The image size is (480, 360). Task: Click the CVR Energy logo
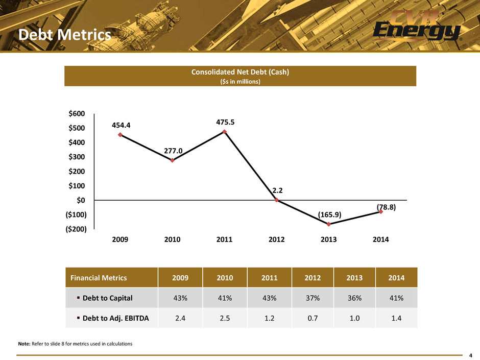tap(417, 26)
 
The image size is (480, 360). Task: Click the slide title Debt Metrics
tap(64, 35)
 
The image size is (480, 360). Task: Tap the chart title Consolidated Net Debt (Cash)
tap(241, 72)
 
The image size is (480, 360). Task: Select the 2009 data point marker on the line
tap(120, 135)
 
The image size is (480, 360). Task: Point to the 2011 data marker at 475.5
tap(224, 132)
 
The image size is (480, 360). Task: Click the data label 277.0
tap(173, 151)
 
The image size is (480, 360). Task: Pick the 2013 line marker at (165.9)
tap(329, 224)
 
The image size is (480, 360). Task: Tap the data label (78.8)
tap(387, 207)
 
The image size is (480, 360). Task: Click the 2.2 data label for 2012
tap(278, 190)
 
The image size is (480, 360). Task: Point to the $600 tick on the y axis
tap(77, 113)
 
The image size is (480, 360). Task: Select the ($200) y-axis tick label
tap(76, 229)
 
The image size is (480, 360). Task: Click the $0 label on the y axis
tap(81, 200)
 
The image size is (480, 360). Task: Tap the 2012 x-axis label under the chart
tap(276, 239)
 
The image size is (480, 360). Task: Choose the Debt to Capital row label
tap(107, 298)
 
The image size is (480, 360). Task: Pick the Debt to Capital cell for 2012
tap(313, 298)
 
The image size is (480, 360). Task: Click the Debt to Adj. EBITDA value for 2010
tap(225, 318)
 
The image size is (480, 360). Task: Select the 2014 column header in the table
tap(396, 278)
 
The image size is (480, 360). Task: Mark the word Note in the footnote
tap(24, 344)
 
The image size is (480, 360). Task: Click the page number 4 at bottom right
tap(471, 355)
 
